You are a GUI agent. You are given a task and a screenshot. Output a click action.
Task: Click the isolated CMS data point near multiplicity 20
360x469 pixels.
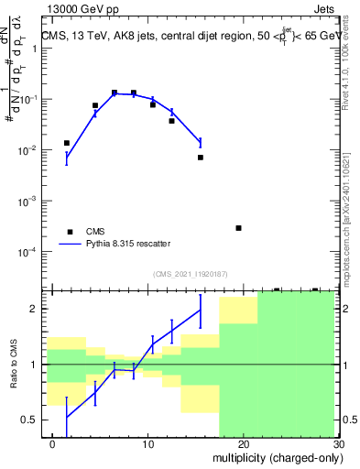point(238,228)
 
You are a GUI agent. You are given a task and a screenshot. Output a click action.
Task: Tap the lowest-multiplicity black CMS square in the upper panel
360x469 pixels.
point(67,143)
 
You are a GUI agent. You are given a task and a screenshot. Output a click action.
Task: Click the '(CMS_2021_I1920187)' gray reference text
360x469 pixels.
point(191,273)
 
